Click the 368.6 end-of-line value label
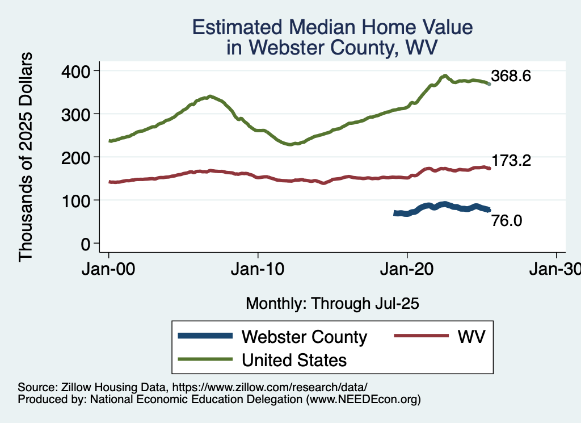[x=511, y=76]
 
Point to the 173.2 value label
[x=511, y=161]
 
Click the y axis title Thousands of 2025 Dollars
[x=26, y=157]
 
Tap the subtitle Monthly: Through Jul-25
[x=332, y=304]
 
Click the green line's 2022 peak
[x=445, y=76]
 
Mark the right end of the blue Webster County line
[x=489, y=210]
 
